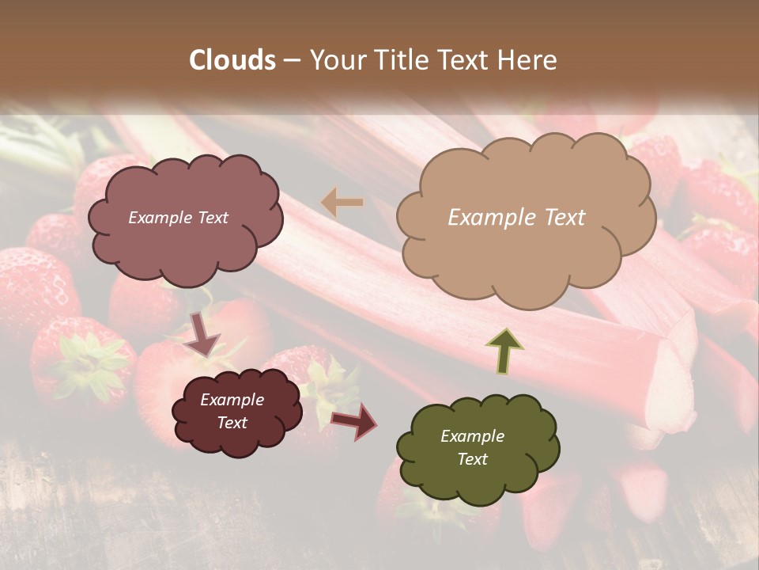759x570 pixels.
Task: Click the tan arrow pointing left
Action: (342, 203)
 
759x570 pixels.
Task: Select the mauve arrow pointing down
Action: (203, 332)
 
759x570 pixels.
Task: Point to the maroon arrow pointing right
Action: (354, 421)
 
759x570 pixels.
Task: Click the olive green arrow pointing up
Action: (505, 351)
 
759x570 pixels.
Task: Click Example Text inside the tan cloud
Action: (516, 218)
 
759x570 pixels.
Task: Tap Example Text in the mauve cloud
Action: (178, 218)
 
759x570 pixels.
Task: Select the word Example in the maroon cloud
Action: (232, 400)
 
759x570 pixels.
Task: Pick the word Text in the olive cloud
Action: (473, 459)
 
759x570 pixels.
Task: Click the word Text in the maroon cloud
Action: (232, 423)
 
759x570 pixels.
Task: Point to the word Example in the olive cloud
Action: (472, 436)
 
